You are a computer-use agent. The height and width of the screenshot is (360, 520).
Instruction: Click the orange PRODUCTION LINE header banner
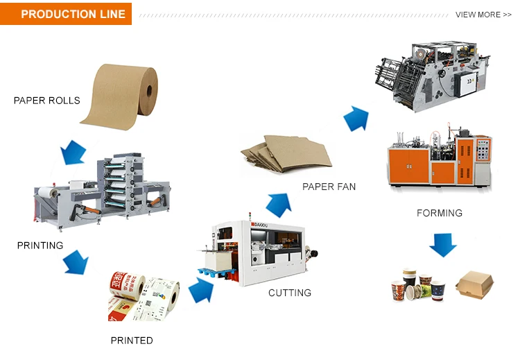click(66, 14)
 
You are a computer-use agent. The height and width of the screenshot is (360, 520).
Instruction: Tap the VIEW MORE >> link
click(483, 15)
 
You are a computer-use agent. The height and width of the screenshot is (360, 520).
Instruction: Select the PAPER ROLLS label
click(46, 101)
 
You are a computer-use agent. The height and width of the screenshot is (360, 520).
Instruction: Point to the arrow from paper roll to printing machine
click(73, 152)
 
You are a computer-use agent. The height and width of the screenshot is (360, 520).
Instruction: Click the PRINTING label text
click(40, 246)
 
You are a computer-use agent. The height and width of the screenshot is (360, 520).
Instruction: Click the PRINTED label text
click(132, 341)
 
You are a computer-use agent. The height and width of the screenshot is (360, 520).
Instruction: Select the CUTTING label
click(290, 293)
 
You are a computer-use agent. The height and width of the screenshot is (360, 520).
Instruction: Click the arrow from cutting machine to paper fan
click(277, 205)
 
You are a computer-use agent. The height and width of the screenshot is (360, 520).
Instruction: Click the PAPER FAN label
click(329, 187)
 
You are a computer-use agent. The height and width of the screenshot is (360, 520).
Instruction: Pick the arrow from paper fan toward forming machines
click(356, 119)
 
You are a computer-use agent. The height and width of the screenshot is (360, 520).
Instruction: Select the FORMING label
click(439, 213)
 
